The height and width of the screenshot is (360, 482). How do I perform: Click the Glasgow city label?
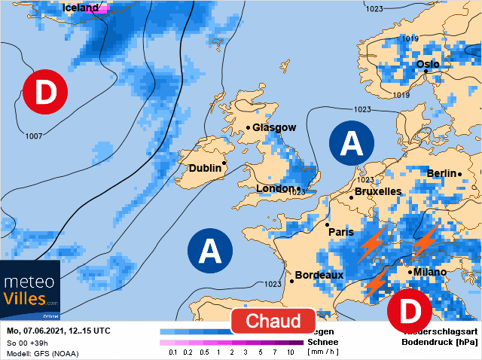[275, 127]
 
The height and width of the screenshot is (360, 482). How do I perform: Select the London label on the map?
[274, 188]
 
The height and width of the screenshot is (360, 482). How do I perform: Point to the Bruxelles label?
[377, 191]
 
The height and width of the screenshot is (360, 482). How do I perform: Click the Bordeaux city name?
[319, 275]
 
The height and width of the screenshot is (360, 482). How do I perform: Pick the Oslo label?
[428, 64]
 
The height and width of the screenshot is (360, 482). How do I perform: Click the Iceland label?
[80, 8]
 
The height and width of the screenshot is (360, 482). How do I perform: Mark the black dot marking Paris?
[327, 224]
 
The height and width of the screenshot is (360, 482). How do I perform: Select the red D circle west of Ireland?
[45, 93]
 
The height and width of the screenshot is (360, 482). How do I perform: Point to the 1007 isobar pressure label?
[33, 136]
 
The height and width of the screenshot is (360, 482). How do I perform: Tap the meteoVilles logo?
[31, 291]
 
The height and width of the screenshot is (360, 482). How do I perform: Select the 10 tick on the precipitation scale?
[290, 352]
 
